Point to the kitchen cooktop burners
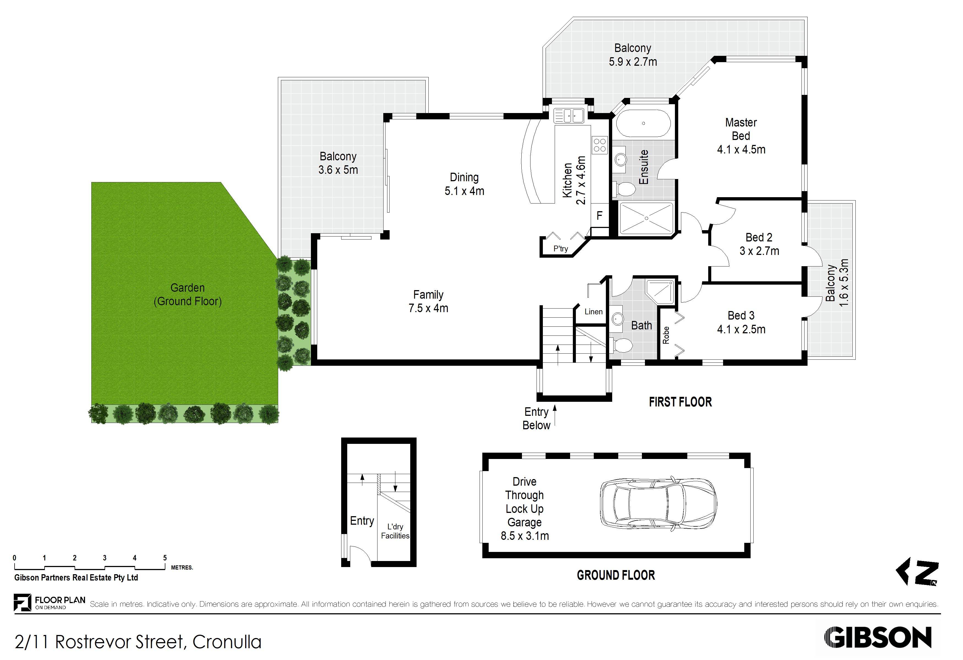click(x=600, y=145)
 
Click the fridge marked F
click(x=599, y=215)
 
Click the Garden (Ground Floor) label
click(x=188, y=295)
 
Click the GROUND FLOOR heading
click(x=616, y=575)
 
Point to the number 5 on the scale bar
click(x=165, y=558)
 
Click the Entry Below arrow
click(x=555, y=415)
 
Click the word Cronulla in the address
click(x=227, y=642)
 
